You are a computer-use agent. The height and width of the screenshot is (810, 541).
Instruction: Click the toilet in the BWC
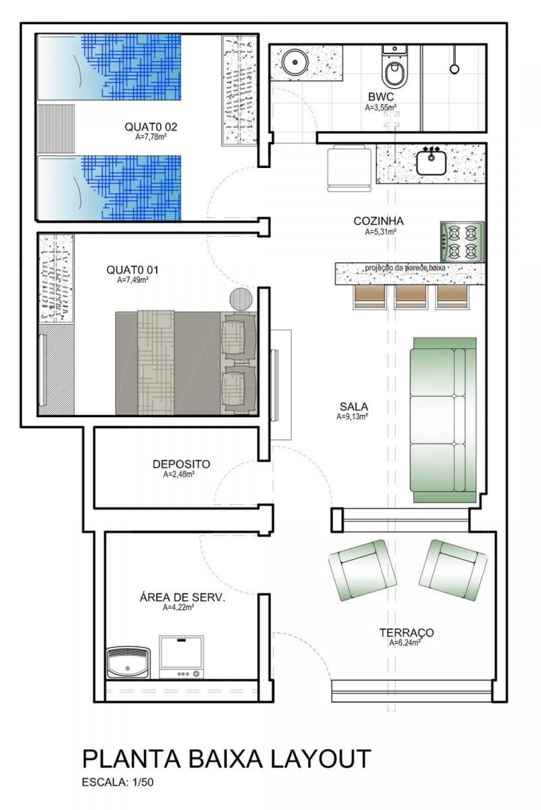click(x=394, y=68)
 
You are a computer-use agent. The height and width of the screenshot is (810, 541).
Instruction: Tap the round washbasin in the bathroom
click(x=295, y=62)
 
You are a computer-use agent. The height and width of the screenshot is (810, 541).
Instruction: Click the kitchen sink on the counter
click(x=431, y=161)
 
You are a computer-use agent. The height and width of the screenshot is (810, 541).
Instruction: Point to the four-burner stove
click(x=462, y=242)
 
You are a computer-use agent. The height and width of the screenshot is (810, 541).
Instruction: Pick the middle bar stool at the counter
click(x=411, y=296)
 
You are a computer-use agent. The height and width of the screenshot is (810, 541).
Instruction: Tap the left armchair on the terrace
click(x=363, y=570)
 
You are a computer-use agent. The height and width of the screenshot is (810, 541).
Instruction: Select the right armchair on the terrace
click(x=453, y=570)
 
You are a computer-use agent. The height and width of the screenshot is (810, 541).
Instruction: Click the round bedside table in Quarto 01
click(x=241, y=299)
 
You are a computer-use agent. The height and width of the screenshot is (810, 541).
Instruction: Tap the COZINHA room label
click(x=378, y=221)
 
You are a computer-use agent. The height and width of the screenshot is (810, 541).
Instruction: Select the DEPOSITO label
click(x=181, y=464)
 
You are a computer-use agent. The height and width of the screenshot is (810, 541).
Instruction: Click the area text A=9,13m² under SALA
click(x=352, y=416)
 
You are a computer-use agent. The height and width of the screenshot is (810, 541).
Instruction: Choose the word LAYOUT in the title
click(x=321, y=758)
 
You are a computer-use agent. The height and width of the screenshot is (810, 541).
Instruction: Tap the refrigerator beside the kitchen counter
click(x=350, y=168)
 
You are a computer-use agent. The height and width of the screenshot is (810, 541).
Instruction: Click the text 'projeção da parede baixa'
click(x=405, y=268)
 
